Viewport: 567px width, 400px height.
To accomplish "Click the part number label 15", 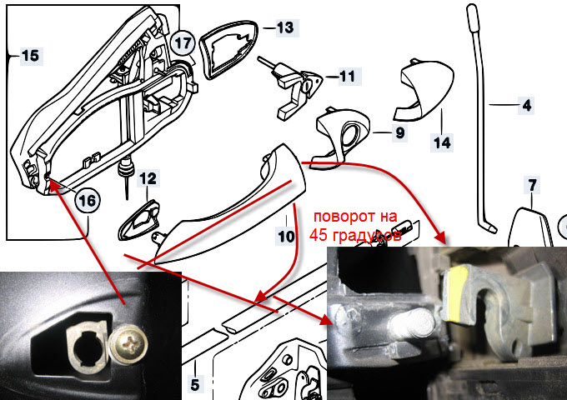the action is (30, 56).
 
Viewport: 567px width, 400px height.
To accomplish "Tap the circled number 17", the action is (183, 43).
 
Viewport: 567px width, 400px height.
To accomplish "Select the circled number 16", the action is (88, 201).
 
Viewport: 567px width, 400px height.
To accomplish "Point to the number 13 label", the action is (286, 27).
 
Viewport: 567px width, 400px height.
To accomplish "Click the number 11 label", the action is (348, 76).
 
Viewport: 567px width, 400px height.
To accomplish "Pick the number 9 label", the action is (400, 133).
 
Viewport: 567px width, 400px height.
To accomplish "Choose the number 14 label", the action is (442, 142).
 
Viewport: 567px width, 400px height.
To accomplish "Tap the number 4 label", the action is (526, 106).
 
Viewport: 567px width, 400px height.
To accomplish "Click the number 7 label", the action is (532, 185).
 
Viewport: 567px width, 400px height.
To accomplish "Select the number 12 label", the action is (148, 178).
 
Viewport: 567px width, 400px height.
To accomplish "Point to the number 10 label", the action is (286, 237).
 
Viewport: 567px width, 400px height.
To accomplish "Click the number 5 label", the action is (195, 385).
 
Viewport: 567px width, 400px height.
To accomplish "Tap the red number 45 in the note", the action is (319, 235).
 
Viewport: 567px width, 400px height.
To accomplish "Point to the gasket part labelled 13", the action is (228, 49).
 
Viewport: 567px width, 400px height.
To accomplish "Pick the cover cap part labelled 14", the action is (423, 89).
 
